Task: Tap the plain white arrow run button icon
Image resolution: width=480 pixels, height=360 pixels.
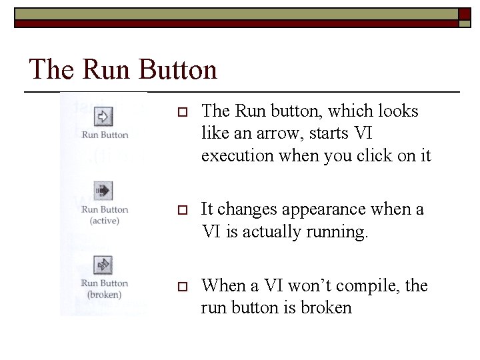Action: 103,117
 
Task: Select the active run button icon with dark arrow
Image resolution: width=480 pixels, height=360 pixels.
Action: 103,191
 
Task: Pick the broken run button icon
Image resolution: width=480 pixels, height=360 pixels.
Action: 103,265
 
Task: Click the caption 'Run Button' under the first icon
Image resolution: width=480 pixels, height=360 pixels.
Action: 105,135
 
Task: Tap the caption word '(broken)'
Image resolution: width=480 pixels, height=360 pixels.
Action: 104,294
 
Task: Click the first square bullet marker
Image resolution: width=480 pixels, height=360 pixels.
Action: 179,112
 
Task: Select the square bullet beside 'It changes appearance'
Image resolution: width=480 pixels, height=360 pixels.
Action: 179,211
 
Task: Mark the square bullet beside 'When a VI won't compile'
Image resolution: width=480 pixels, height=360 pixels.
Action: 179,287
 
